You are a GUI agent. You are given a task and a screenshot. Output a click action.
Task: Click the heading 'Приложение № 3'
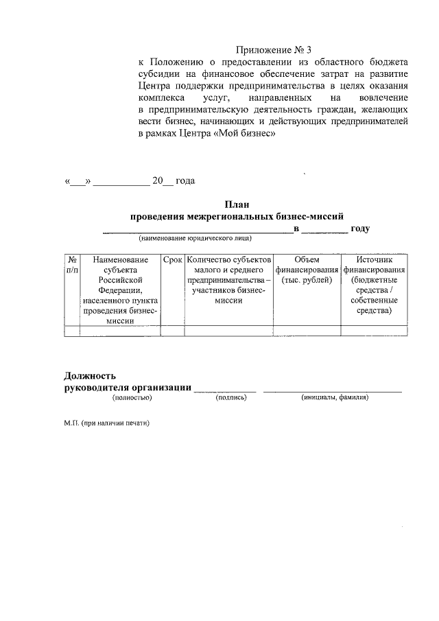click(x=274, y=49)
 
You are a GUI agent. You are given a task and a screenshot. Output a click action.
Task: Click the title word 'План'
click(x=237, y=204)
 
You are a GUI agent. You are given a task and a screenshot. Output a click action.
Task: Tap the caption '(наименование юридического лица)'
click(x=195, y=239)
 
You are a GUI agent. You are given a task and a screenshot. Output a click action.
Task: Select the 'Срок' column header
click(x=172, y=261)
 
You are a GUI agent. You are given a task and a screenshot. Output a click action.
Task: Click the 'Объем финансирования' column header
click(x=307, y=270)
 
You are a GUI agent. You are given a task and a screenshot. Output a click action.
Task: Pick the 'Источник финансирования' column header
click(x=374, y=285)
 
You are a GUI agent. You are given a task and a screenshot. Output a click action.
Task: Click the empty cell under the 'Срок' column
click(x=172, y=331)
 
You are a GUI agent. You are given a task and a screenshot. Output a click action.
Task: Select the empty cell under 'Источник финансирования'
click(x=374, y=331)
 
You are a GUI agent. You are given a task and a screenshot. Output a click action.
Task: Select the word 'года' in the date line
click(x=185, y=181)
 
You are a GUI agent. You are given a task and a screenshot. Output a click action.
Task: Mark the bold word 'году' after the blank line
click(x=360, y=229)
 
